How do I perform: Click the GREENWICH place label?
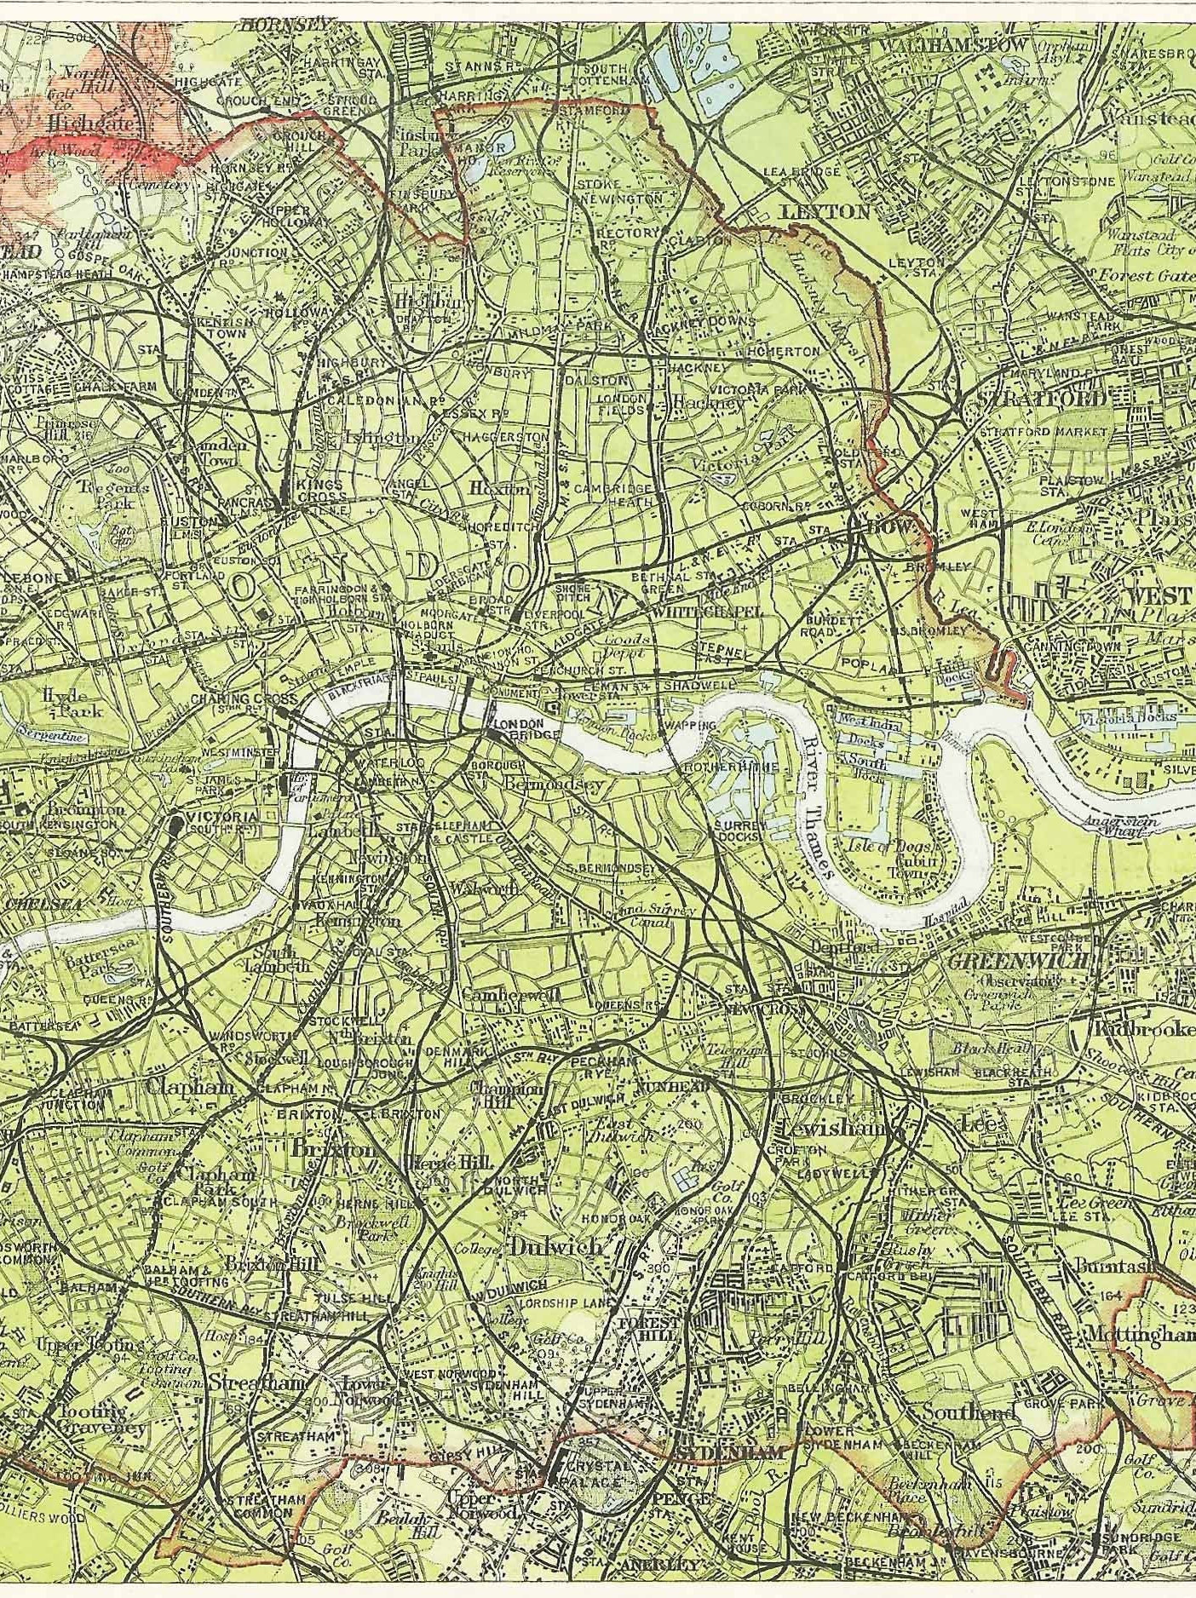coord(1017,960)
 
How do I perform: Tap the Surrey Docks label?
coord(735,831)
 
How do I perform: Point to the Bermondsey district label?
coord(554,782)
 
